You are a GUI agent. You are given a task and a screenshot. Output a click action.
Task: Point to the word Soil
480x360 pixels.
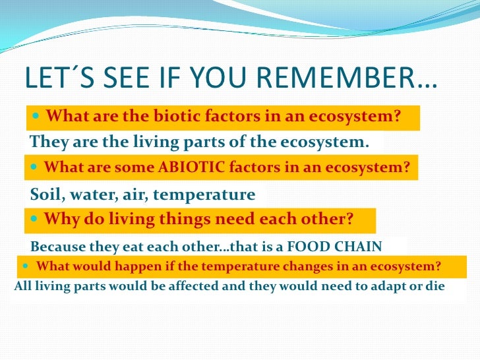45,195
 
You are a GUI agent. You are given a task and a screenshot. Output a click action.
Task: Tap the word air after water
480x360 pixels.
130,195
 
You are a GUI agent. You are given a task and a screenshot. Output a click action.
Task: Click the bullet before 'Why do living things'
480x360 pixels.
34,218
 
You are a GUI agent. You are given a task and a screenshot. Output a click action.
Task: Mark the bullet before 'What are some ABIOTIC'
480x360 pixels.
34,167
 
